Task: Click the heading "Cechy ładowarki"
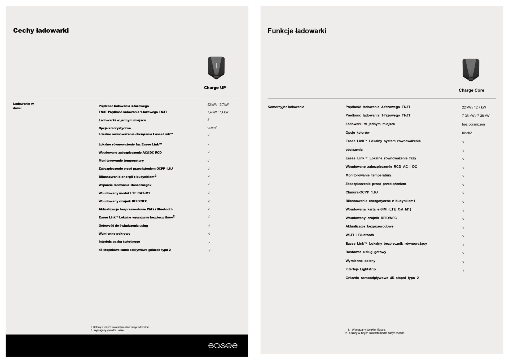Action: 41,30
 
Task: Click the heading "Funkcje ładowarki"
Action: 297,31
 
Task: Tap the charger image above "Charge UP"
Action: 216,68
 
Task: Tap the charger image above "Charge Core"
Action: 471,70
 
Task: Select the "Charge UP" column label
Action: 215,88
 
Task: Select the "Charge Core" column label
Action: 471,90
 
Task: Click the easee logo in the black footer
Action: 223,345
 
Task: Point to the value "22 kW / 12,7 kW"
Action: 218,105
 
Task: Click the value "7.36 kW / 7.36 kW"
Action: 476,116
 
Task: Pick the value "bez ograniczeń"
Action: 473,124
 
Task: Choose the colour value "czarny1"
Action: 212,128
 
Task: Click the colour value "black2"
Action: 467,133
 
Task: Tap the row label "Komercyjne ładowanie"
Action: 286,107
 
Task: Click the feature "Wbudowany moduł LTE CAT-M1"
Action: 124,193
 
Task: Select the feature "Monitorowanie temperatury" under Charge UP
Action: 121,161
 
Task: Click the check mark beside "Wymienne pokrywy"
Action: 209,234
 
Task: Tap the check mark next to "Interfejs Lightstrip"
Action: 463,270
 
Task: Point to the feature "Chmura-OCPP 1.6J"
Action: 361,192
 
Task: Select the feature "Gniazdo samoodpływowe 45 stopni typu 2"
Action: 382,278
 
